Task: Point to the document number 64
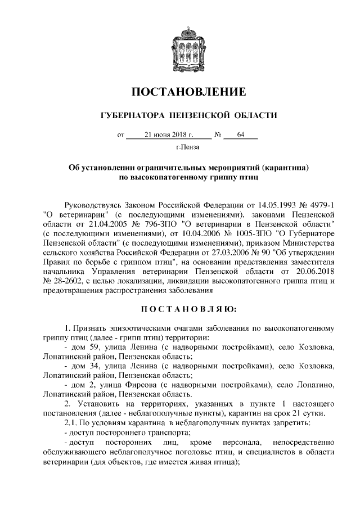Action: (241, 135)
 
